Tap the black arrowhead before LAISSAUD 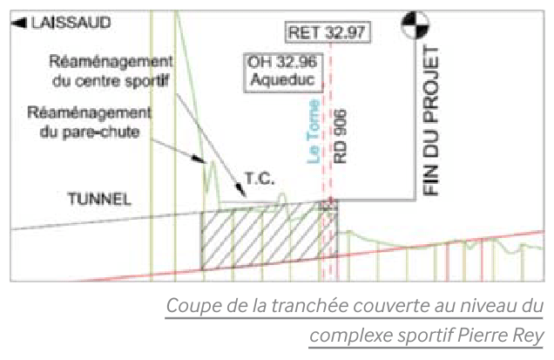(17, 24)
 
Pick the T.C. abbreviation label (259, 179)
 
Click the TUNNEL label (99, 199)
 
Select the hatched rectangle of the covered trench (261, 237)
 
